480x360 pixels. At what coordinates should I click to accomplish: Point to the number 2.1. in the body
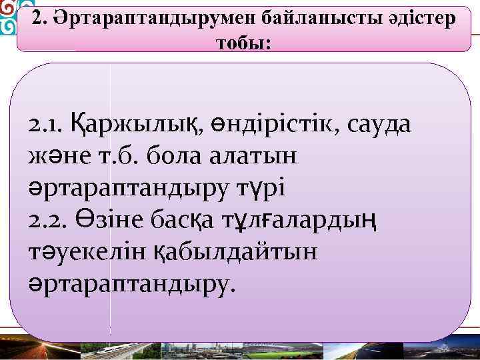pyautogui.click(x=46, y=125)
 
